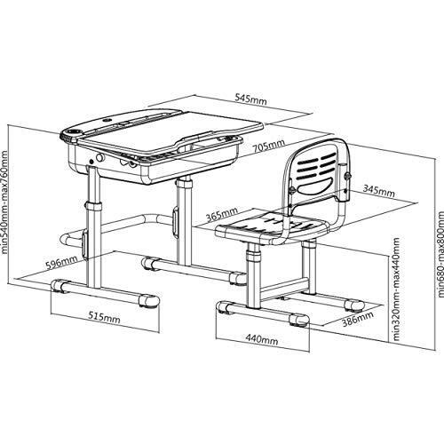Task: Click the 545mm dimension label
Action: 250,99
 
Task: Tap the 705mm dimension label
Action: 269,146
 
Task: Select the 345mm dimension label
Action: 378,191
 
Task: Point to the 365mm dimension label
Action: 222,214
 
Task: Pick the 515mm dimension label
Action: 104,318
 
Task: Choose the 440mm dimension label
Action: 262,339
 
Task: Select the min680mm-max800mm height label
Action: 440,254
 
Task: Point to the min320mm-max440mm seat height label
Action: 396,289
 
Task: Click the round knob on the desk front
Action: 100,157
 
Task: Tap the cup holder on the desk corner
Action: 72,131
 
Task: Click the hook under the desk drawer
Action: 127,163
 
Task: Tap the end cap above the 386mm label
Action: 354,305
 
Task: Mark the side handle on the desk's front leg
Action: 85,244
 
